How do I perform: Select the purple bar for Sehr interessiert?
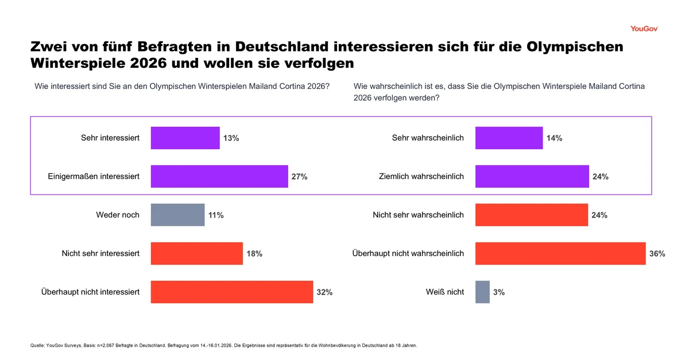point(185,138)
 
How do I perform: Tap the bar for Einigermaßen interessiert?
point(219,177)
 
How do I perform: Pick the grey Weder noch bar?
point(177,215)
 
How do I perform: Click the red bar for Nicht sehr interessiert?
point(196,254)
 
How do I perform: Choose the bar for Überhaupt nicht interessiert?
point(231,292)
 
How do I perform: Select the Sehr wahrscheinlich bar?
point(509,138)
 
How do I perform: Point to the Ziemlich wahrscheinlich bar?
point(532,177)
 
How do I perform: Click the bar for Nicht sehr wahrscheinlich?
point(531,215)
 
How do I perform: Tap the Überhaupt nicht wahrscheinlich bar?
point(560,254)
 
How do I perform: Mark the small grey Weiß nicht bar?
point(482,292)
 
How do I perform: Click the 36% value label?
point(657,254)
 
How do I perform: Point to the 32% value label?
point(324,292)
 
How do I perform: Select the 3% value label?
point(499,292)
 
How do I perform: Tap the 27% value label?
point(299,177)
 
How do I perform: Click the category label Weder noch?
point(118,215)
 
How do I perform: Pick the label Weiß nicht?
point(445,292)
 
